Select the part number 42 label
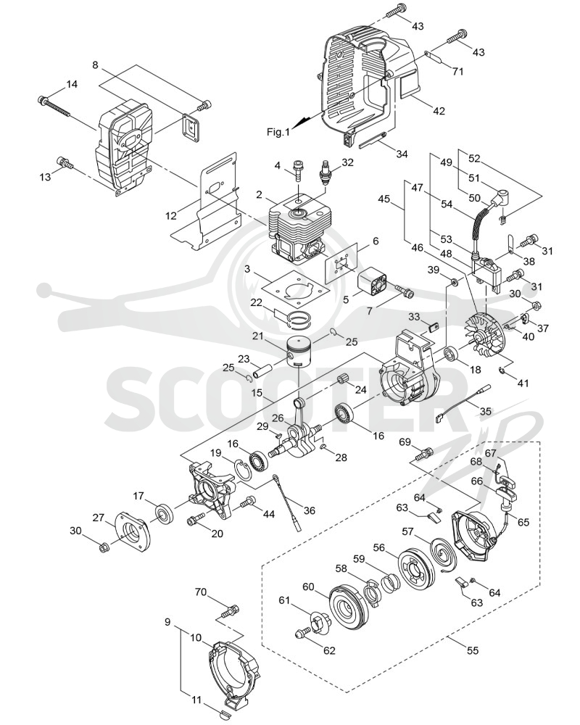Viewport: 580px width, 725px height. tap(439, 110)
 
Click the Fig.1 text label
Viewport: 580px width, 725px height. tap(278, 132)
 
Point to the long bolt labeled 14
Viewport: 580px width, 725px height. tap(55, 106)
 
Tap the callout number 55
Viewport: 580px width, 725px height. tap(472, 650)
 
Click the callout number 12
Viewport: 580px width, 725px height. tap(170, 215)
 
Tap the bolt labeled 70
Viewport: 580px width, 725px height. tap(231, 610)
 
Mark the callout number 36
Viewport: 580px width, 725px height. tap(309, 510)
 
